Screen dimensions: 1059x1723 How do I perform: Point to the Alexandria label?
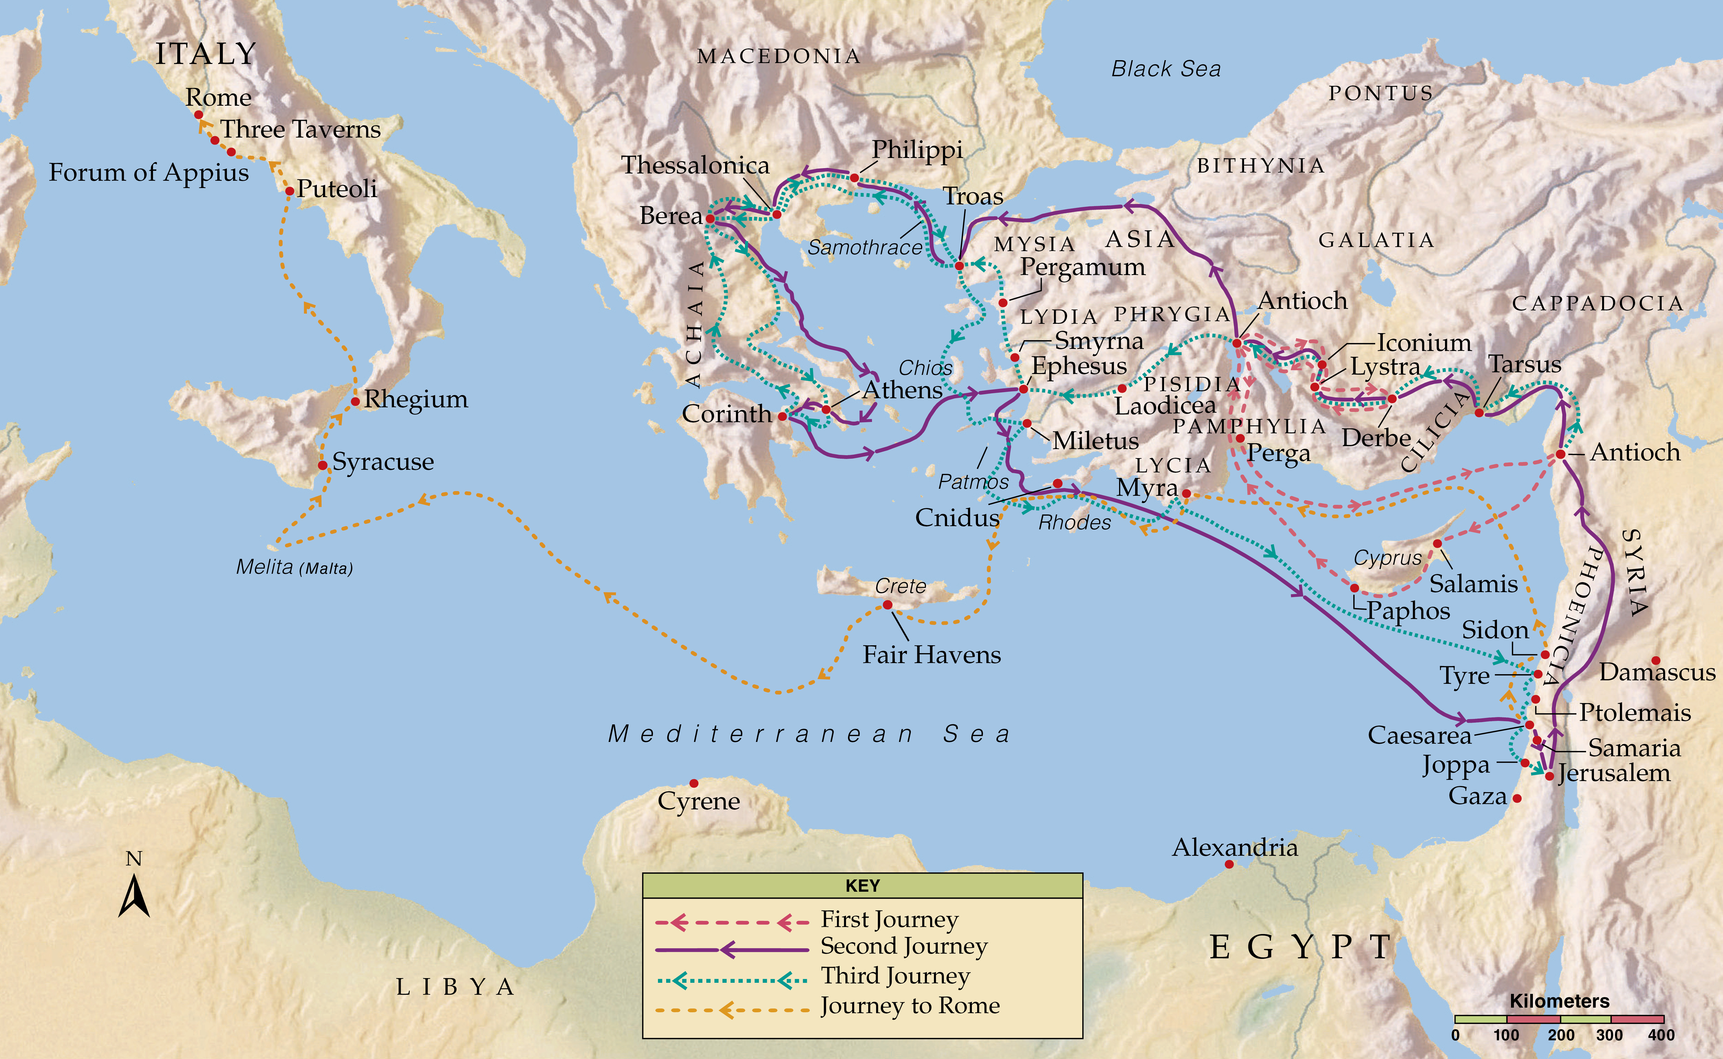[1235, 848]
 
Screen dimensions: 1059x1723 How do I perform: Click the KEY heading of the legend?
[862, 885]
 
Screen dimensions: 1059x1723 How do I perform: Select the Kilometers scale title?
[1559, 1001]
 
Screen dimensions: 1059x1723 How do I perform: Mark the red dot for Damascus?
[1656, 660]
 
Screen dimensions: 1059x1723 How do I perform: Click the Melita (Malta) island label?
[294, 567]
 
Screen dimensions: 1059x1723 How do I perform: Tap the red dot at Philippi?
[854, 178]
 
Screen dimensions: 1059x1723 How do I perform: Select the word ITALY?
[205, 54]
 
